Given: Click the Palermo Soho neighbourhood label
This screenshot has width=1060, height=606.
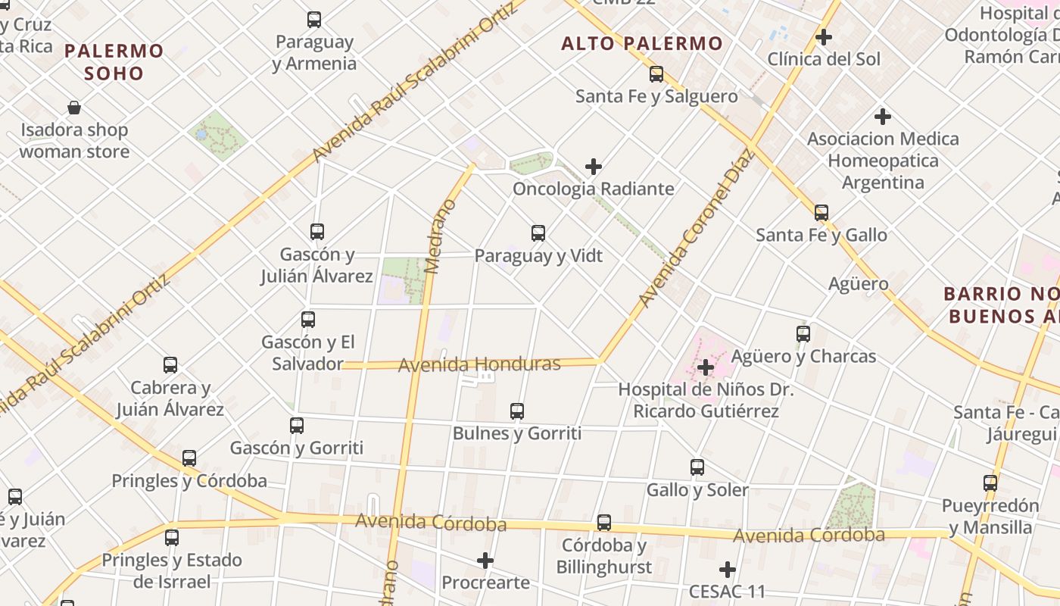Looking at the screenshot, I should pos(114,62).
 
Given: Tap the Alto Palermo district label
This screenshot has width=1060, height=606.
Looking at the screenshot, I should pos(642,44).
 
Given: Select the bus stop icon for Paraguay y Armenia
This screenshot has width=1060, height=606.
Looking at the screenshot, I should pos(314,20).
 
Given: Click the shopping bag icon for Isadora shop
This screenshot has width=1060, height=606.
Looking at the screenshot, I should pos(74,108).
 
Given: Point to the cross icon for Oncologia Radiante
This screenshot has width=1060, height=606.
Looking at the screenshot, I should pos(594,166).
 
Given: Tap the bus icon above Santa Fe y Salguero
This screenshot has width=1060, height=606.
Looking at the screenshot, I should pos(656,74).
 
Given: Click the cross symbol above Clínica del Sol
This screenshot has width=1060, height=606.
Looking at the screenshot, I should pos(824,36).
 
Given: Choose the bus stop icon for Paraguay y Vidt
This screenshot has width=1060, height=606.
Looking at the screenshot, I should pos(538,233).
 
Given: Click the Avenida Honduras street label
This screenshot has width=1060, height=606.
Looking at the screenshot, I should pos(479,364).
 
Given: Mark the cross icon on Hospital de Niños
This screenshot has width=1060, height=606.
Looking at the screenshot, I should pos(706,367).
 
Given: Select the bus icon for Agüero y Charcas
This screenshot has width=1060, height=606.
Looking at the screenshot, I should pos(803,333).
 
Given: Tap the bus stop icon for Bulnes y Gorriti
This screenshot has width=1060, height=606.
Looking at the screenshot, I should pos(517,411).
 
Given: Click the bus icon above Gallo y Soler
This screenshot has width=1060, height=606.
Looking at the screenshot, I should pos(697,467).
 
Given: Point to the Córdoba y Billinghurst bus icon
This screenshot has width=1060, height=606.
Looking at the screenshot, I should pos(604,523).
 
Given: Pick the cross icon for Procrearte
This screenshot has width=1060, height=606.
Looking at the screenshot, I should pos(485,561).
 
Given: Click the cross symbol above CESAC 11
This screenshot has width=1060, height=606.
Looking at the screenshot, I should pos(728,569).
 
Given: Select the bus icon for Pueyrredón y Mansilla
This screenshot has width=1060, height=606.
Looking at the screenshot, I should pos(990,483).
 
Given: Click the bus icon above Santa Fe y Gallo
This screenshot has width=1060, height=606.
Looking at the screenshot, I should pos(821,213).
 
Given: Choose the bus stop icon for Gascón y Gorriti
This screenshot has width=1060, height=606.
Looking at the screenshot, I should pos(297,426).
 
